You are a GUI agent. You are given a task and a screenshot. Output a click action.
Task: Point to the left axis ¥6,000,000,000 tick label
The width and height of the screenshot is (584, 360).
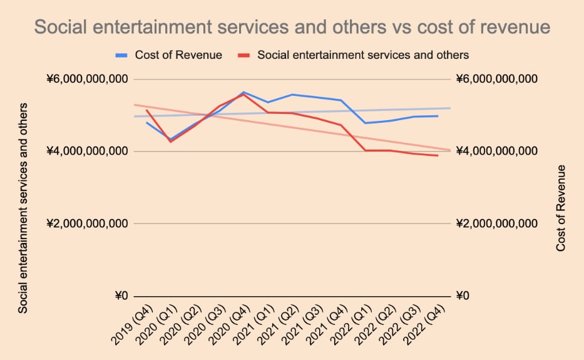[x=87, y=80]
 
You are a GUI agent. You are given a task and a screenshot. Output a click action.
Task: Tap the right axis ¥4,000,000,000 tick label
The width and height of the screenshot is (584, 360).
[x=497, y=152]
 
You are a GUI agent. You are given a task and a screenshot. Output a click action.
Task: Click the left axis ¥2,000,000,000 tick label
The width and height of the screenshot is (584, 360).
[x=87, y=224]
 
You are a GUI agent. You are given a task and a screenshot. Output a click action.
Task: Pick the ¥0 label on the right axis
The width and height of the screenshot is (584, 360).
[x=464, y=296]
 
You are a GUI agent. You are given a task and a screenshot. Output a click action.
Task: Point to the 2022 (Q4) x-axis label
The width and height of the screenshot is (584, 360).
[x=424, y=322]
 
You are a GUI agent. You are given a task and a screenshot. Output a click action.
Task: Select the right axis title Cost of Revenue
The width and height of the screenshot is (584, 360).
[x=561, y=208]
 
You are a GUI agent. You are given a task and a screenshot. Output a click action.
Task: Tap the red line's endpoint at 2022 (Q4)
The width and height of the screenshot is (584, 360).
[x=438, y=155]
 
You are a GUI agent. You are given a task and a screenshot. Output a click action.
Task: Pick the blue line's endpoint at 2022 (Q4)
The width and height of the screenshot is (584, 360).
[x=438, y=116]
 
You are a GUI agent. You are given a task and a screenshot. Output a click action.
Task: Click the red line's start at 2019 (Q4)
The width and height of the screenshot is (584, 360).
[x=146, y=110]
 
